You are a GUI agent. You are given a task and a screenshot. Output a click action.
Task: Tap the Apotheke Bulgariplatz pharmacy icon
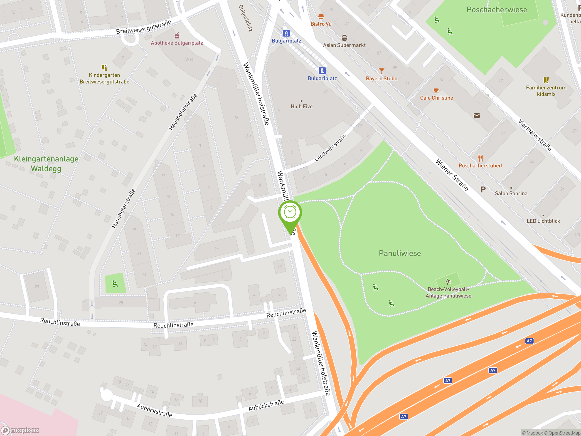(177, 35)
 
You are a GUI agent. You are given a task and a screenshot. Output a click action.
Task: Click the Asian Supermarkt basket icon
(344, 38)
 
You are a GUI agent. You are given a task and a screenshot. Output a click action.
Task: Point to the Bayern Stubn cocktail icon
(381, 71)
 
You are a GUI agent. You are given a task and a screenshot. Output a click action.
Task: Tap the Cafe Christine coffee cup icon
(436, 91)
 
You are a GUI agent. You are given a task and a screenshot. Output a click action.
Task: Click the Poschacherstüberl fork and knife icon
(480, 158)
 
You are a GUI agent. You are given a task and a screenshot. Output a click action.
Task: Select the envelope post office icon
(477, 115)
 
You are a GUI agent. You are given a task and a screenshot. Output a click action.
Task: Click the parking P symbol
(483, 189)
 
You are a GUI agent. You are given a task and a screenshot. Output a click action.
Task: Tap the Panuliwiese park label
(399, 253)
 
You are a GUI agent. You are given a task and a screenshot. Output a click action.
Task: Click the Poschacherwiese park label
(496, 10)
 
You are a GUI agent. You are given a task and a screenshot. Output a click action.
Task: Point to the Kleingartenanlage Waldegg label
(46, 163)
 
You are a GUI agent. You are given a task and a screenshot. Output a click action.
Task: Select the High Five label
(302, 107)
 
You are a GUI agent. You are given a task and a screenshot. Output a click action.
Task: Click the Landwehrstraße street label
(330, 148)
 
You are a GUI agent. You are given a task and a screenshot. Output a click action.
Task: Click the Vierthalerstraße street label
(535, 135)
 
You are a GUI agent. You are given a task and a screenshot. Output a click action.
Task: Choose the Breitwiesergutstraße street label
(143, 27)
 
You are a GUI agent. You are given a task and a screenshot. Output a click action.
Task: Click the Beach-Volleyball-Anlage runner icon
(448, 282)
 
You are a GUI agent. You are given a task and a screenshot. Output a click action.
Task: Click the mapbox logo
(20, 430)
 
